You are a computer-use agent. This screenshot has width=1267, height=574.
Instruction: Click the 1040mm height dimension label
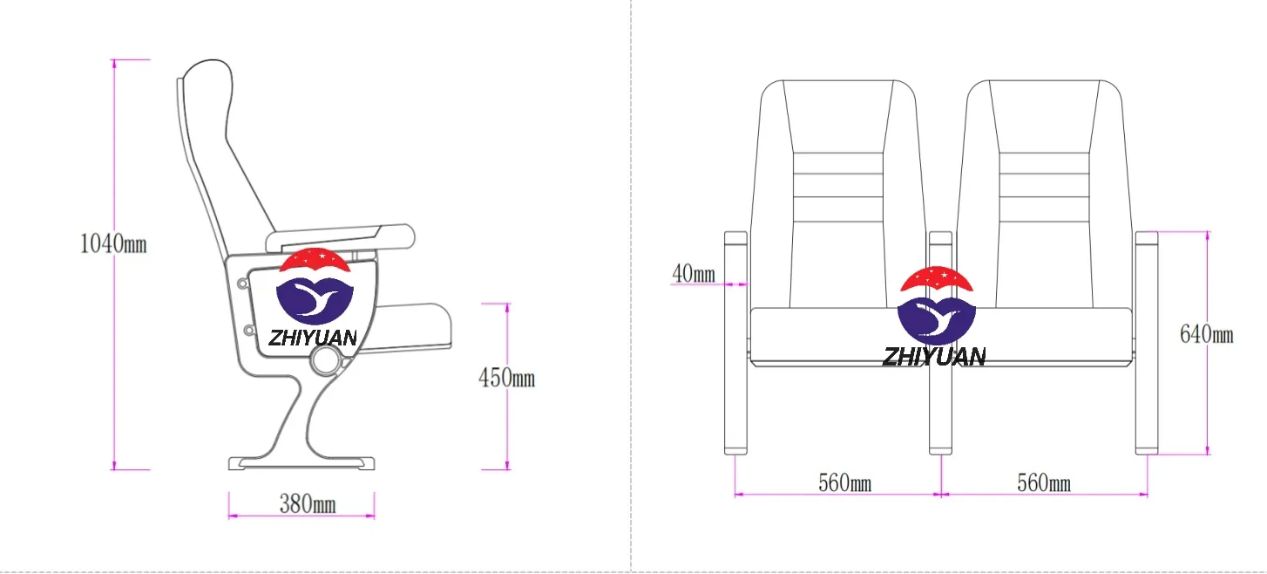pos(113,244)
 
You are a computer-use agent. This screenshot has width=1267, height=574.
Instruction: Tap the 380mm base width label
pos(308,504)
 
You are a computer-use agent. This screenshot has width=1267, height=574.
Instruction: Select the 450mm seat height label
pos(507,378)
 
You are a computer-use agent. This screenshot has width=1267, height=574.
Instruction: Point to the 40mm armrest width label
pos(694,274)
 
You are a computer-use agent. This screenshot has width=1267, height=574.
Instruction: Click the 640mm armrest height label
pos(1207,334)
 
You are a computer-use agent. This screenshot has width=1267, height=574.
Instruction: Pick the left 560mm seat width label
pos(845,483)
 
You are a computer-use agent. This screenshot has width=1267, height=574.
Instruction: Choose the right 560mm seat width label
pos(1044,483)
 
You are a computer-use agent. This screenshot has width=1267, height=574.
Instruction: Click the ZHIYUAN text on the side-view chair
pos(313,338)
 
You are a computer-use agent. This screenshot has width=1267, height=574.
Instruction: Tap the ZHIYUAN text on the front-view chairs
pos(934,357)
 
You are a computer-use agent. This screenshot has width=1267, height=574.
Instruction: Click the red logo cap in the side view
pos(315,261)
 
